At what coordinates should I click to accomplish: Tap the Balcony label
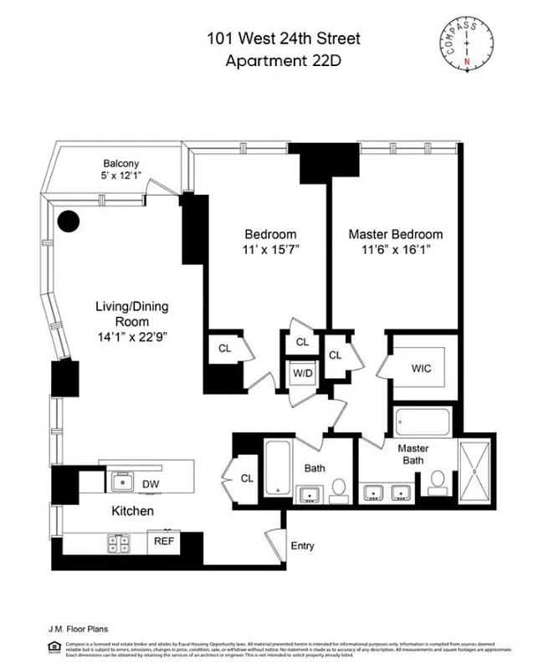coord(120,163)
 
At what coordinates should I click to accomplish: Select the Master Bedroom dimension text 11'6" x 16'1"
coord(396,249)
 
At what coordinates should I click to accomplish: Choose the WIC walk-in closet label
coord(421,368)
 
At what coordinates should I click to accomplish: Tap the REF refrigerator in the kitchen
coord(163,541)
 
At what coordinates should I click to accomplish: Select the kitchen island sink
coord(124,481)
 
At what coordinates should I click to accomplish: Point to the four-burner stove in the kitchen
coord(118,543)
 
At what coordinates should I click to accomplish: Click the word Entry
coord(302,546)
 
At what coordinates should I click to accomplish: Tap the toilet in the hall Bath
coord(339,488)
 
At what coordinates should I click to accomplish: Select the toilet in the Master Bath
coord(438,482)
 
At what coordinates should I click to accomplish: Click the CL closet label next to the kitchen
coord(247,478)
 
